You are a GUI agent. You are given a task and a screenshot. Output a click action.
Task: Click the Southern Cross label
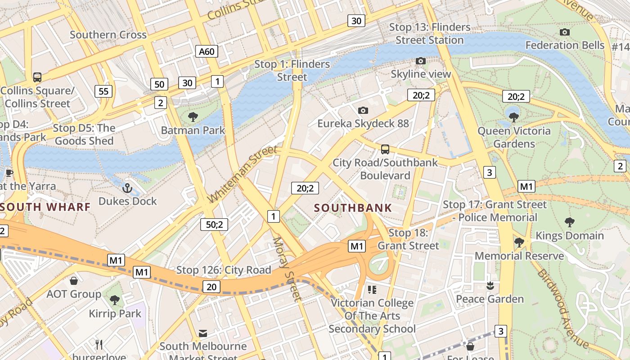pyautogui.click(x=108, y=35)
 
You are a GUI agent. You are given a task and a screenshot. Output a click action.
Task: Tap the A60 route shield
pyautogui.click(x=207, y=51)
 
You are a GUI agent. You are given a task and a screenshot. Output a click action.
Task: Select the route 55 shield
pyautogui.click(x=103, y=91)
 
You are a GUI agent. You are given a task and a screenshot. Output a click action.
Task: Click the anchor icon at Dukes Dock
pyautogui.click(x=127, y=188)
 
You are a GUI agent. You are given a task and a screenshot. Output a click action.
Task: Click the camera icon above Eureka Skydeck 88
pyautogui.click(x=363, y=110)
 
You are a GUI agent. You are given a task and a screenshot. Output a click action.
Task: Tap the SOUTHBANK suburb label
pyautogui.click(x=353, y=208)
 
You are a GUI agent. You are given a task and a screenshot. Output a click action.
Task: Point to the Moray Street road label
pyautogui.click(x=287, y=269)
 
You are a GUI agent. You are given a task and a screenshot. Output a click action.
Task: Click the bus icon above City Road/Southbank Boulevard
pyautogui.click(x=385, y=149)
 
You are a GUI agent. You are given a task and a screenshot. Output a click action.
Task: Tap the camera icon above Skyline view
pyautogui.click(x=421, y=61)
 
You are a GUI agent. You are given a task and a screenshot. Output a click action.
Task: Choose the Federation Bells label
pyautogui.click(x=565, y=45)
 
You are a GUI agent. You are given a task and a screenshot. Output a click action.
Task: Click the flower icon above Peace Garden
pyautogui.click(x=490, y=285)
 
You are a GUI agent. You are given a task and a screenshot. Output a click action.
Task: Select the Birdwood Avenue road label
pyautogui.click(x=562, y=309)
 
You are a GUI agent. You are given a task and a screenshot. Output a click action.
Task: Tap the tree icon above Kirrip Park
pyautogui.click(x=115, y=300)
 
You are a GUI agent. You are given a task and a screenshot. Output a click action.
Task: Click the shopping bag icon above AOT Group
pyautogui.click(x=74, y=281)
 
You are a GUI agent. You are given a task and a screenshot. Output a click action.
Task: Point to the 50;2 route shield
pyautogui.click(x=214, y=224)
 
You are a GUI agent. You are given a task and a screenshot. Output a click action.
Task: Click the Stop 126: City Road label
pyautogui.click(x=223, y=270)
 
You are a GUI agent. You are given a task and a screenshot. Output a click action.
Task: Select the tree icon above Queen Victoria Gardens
pyautogui.click(x=513, y=117)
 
